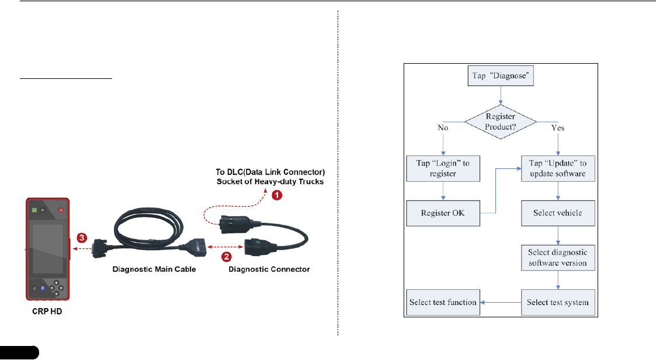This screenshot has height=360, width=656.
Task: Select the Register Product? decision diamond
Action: [499, 122]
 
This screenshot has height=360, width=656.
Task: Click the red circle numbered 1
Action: [277, 196]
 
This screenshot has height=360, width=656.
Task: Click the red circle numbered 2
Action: [226, 256]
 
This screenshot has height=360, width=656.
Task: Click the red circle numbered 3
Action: [82, 238]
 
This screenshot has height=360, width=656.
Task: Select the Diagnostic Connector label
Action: [269, 270]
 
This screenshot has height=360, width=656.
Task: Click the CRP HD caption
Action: [47, 311]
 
